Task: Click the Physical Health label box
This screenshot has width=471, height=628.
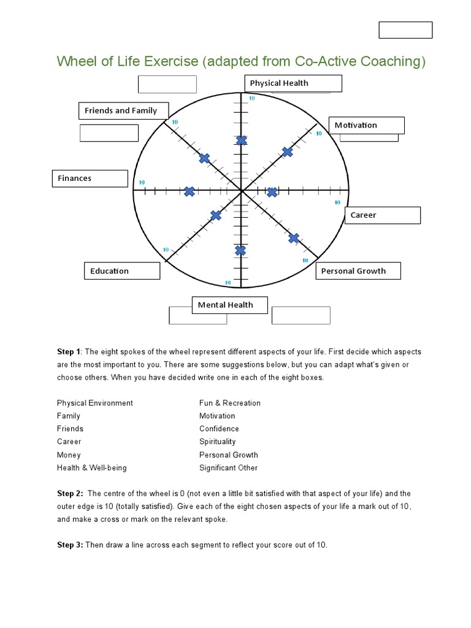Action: pyautogui.click(x=293, y=83)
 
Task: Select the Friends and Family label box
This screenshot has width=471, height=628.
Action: pyautogui.click(x=123, y=111)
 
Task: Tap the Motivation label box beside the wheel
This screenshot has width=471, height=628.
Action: pyautogui.click(x=366, y=125)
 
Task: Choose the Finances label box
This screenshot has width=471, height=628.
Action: pyautogui.click(x=90, y=178)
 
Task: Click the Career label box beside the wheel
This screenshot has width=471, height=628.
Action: pyautogui.click(x=382, y=215)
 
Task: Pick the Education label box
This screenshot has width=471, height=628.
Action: pyautogui.click(x=121, y=271)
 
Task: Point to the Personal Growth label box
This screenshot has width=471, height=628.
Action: pyautogui.click(x=358, y=271)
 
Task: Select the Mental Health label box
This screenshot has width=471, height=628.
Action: pyautogui.click(x=230, y=305)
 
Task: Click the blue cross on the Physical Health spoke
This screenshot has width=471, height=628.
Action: pyautogui.click(x=242, y=141)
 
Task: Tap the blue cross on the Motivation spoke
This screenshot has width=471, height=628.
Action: pyautogui.click(x=288, y=151)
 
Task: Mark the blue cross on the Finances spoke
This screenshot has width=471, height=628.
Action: pyautogui.click(x=190, y=192)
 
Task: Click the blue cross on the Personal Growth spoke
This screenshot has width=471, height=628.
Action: pyautogui.click(x=294, y=238)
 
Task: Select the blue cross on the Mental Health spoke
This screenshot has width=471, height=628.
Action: pyautogui.click(x=240, y=250)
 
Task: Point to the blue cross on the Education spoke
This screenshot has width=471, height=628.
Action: pyautogui.click(x=216, y=215)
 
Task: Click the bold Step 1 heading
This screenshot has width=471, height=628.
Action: pyautogui.click(x=69, y=352)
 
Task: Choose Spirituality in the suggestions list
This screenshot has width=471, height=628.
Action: pyautogui.click(x=217, y=442)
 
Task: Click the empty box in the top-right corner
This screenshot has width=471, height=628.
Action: pyautogui.click(x=405, y=30)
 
